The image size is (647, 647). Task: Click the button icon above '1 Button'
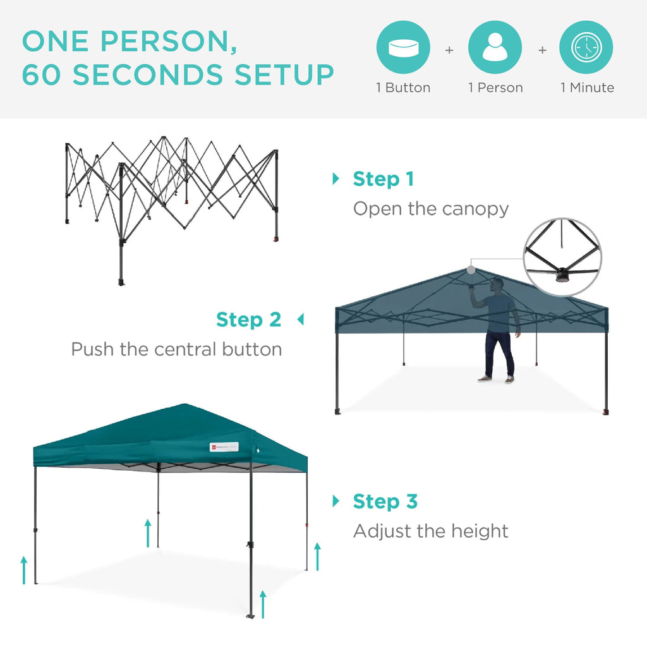403,48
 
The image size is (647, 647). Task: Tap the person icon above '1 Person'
495,48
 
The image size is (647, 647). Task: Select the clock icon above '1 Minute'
586,48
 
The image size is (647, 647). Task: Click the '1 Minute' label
587,88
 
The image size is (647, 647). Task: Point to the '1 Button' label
403,88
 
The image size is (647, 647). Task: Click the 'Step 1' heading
383,179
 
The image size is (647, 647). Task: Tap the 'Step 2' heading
248,320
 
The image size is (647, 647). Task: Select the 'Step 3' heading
385,502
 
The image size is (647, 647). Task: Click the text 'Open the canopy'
430,209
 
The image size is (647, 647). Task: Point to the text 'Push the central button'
176,349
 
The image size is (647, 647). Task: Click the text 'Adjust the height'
430,531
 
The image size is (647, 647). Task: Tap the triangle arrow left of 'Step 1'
336,179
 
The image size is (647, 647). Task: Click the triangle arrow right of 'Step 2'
300,320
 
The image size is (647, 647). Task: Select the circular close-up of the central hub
562,257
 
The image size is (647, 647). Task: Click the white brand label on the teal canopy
224,447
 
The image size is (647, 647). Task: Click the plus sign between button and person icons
449,49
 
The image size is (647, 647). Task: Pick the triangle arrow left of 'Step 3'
336,502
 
